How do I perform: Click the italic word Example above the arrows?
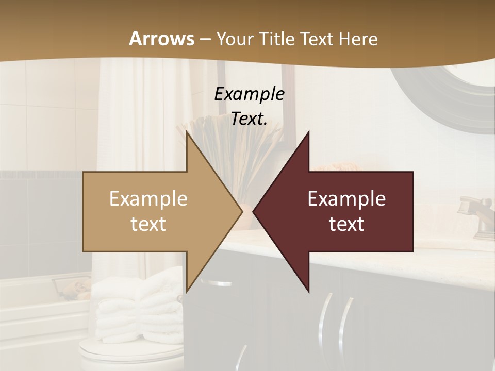coord(249,94)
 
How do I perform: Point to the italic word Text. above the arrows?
coord(249,119)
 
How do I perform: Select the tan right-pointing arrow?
coord(155,211)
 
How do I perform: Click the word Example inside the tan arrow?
coord(148,199)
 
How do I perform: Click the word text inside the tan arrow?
coord(148,224)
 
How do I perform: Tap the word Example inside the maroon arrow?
coord(346,199)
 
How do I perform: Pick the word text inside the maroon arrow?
coord(346,224)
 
